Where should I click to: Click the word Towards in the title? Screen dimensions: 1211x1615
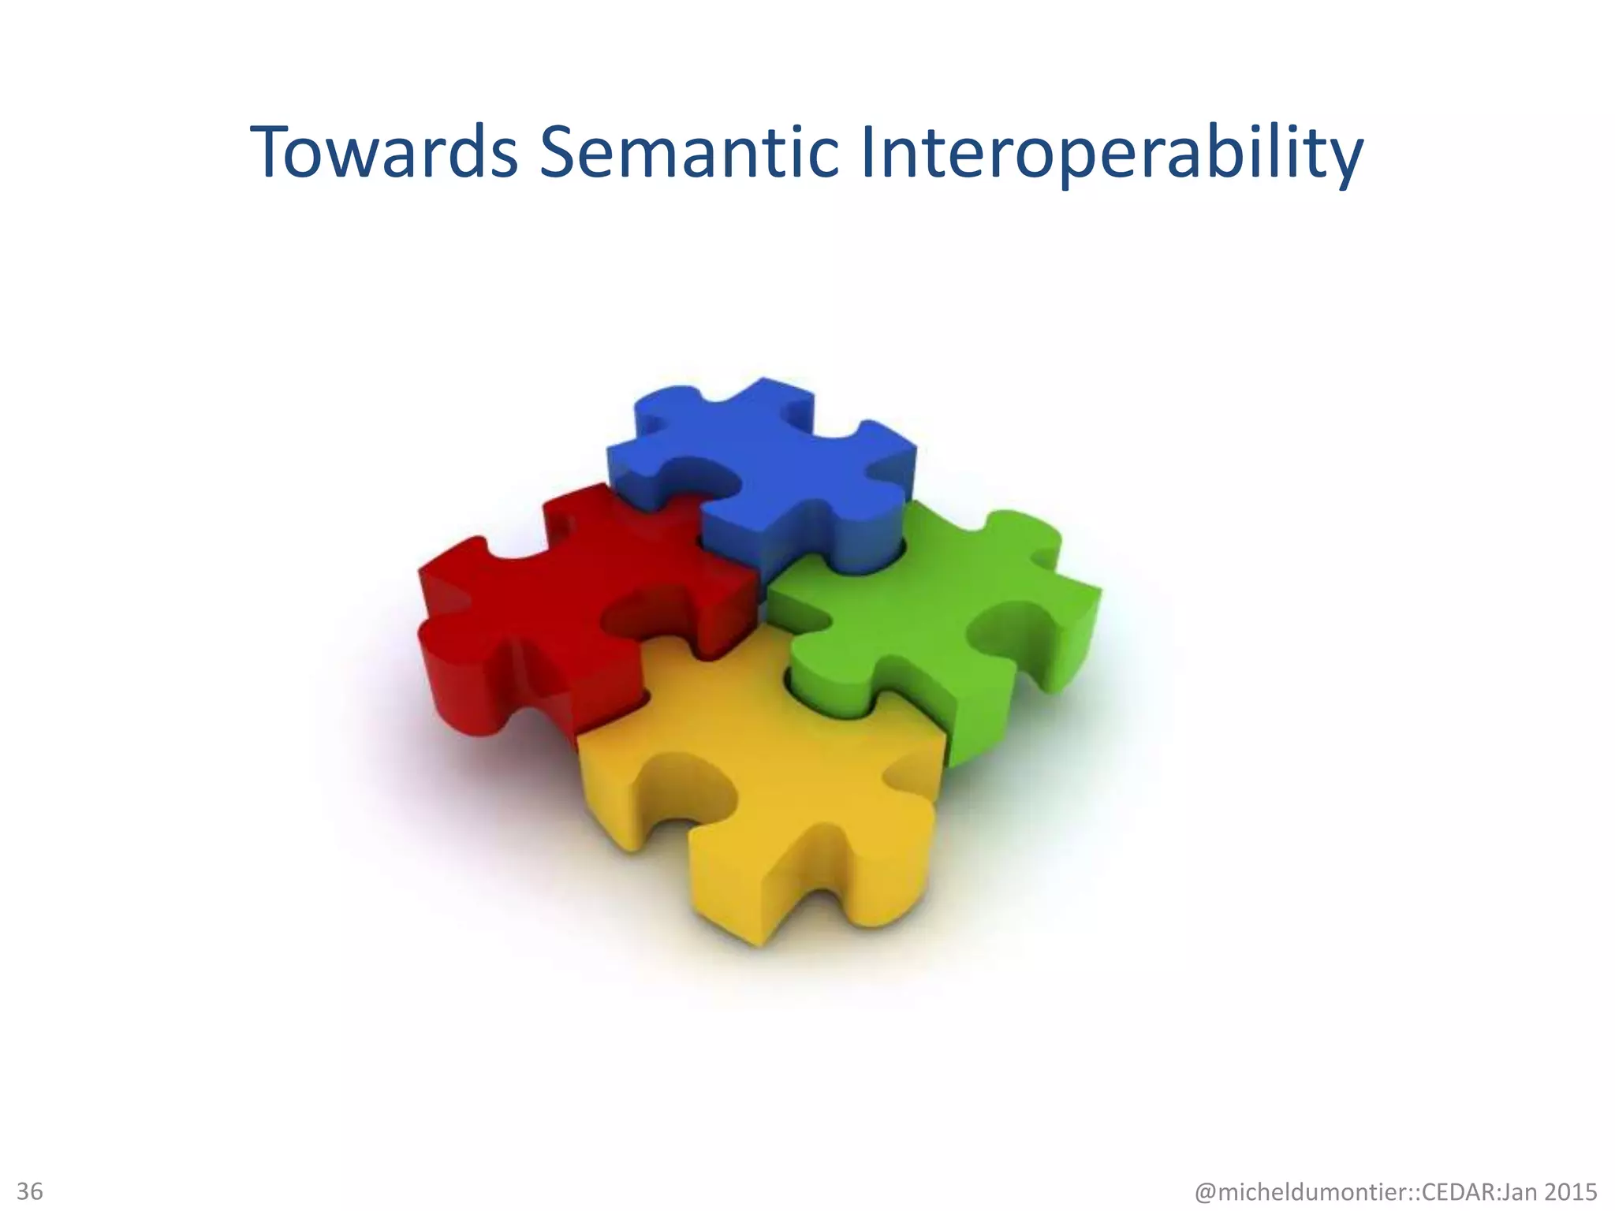click(x=384, y=152)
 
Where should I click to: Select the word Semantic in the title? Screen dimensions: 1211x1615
click(x=688, y=152)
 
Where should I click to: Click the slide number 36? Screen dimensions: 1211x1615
click(x=30, y=1191)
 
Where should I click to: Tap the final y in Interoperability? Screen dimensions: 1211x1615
click(x=1343, y=162)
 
